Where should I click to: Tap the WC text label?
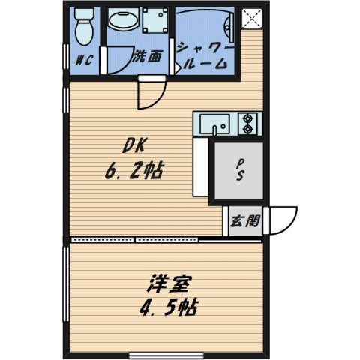click(x=82, y=62)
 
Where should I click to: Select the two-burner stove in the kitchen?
click(x=248, y=124)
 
